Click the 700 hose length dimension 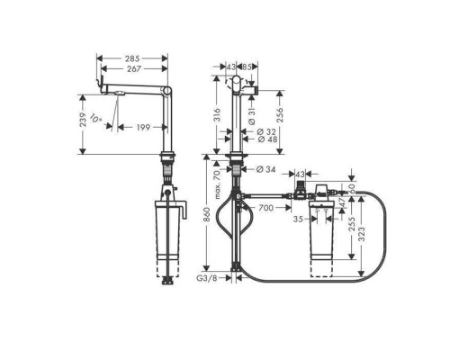pos(265,207)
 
